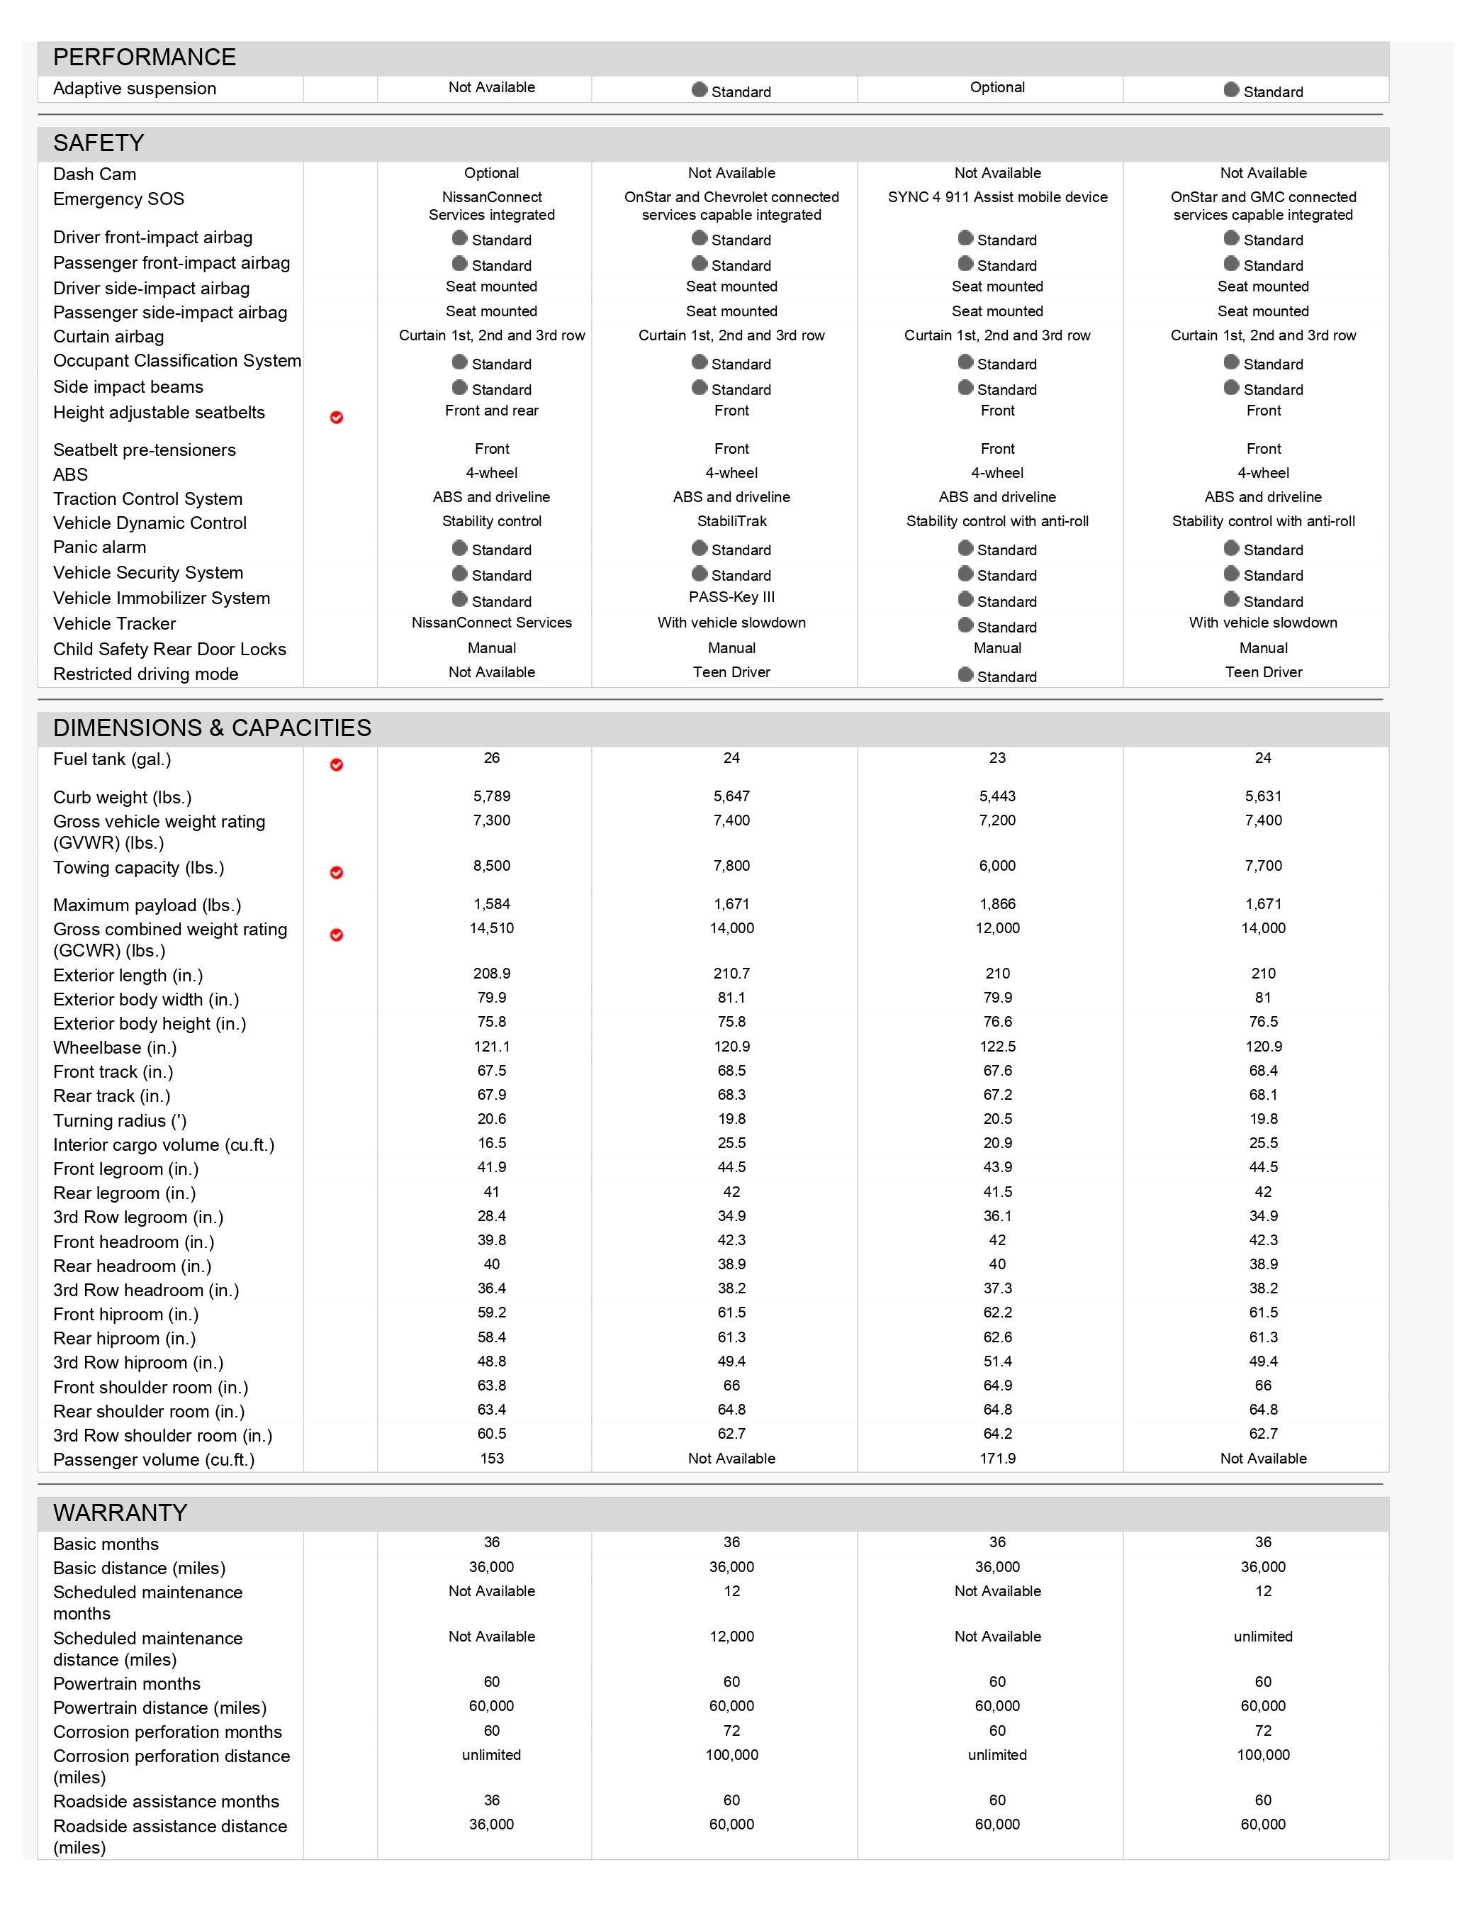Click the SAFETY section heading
pyautogui.click(x=99, y=143)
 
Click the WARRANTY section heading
pyautogui.click(x=120, y=1512)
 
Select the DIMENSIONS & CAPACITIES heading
pyautogui.click(x=212, y=728)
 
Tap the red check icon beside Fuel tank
pyautogui.click(x=337, y=765)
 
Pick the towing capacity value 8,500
pyautogui.click(x=491, y=866)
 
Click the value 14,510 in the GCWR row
pyautogui.click(x=491, y=927)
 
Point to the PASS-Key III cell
pyautogui.click(x=731, y=597)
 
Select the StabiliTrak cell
pyautogui.click(x=731, y=521)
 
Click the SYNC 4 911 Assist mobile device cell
pyautogui.click(x=997, y=197)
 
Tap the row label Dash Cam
pyautogui.click(x=94, y=174)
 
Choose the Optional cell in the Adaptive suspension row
pyautogui.click(x=997, y=87)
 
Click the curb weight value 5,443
pyautogui.click(x=997, y=796)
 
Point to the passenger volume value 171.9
pyautogui.click(x=997, y=1459)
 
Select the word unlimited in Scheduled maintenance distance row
pyautogui.click(x=1262, y=1637)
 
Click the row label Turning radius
pyautogui.click(x=120, y=1120)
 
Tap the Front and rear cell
pyautogui.click(x=491, y=410)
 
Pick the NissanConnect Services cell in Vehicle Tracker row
pyautogui.click(x=491, y=623)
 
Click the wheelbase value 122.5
pyautogui.click(x=997, y=1047)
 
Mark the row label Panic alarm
pyautogui.click(x=99, y=547)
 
